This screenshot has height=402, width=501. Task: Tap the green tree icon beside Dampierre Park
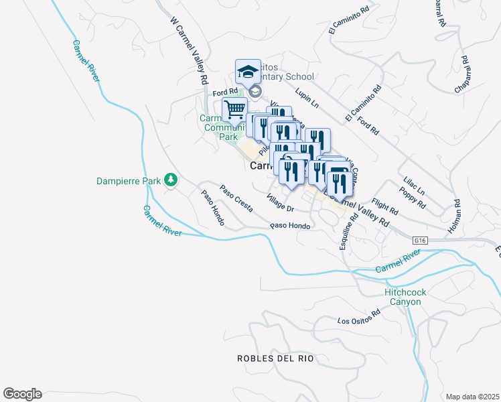(x=171, y=180)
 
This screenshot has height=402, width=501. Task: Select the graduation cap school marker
(x=248, y=72)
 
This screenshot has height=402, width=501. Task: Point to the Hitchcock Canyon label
(x=403, y=297)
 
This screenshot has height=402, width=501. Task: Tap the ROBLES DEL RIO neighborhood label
(x=275, y=358)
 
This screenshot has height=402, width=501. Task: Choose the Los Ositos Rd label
(x=359, y=316)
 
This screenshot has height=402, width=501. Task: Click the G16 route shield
(x=420, y=240)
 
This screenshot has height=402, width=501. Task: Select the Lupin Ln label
(x=306, y=100)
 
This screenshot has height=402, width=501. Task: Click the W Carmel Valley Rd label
(x=188, y=50)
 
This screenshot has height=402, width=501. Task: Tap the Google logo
(x=22, y=394)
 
